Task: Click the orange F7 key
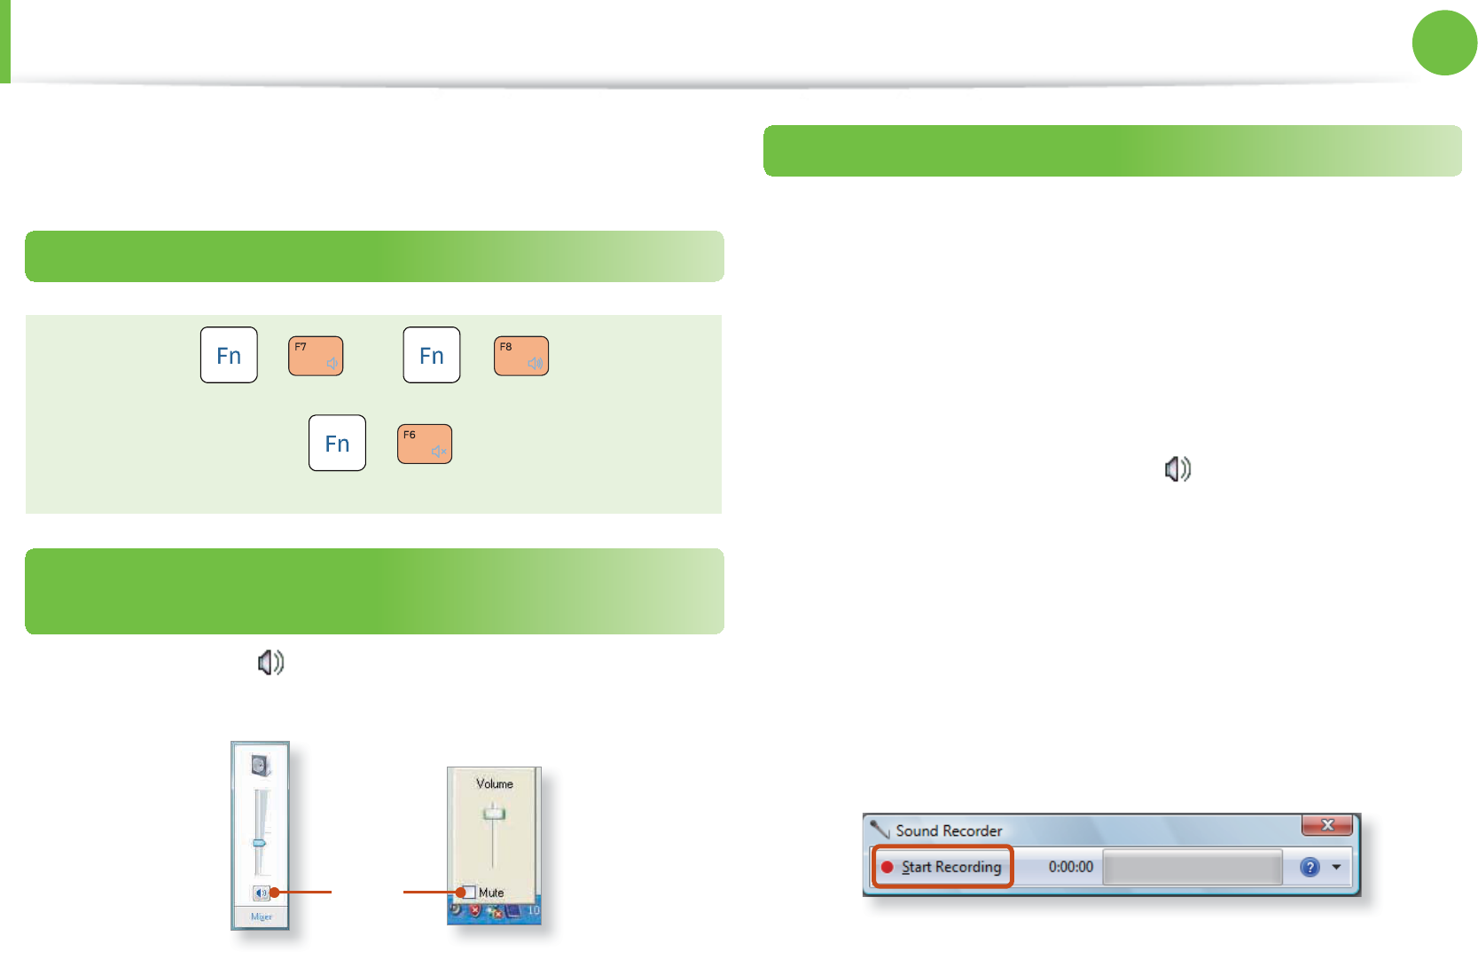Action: coord(316,356)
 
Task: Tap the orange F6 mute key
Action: coord(425,444)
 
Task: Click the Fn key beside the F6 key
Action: coord(337,443)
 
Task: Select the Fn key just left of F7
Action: coord(229,355)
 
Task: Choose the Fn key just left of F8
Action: coord(432,355)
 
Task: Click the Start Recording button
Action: coord(943,867)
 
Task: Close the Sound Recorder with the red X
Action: coord(1326,825)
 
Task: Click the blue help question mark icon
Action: coord(1310,867)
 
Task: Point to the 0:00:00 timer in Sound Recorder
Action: coord(1070,867)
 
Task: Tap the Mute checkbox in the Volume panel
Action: coord(469,892)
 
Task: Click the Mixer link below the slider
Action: coord(261,917)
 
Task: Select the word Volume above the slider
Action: coord(494,783)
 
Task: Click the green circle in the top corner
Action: coord(1444,43)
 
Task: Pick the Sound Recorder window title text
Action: coord(949,830)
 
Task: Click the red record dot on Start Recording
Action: coord(887,867)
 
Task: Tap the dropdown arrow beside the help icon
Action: coord(1336,867)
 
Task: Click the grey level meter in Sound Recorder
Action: coord(1193,867)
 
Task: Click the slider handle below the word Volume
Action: coord(494,813)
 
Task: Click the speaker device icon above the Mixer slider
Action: coord(260,765)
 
